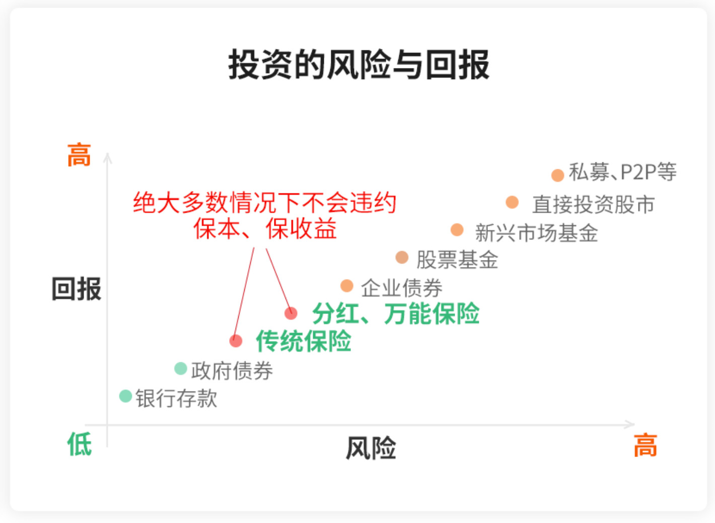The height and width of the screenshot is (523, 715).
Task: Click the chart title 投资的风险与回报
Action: click(359, 64)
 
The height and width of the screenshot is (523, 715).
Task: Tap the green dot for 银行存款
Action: click(125, 396)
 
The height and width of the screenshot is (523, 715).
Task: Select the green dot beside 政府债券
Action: click(181, 368)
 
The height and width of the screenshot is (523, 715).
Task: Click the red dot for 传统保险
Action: click(236, 341)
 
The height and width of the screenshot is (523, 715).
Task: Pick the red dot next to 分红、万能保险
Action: click(291, 313)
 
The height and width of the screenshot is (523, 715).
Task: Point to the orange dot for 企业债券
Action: click(347, 286)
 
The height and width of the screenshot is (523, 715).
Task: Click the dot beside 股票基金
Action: click(402, 257)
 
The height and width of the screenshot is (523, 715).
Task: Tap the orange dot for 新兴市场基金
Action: click(457, 230)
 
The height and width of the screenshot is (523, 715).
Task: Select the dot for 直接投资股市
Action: click(512, 202)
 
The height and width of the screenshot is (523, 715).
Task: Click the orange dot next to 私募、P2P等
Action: click(557, 175)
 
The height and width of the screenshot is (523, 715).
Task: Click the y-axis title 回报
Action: click(77, 289)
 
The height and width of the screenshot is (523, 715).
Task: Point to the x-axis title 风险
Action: click(371, 448)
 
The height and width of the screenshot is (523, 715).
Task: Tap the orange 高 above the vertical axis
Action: click(79, 155)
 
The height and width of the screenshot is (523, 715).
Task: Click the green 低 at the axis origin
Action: click(80, 444)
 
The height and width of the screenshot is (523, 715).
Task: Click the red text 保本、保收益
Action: click(265, 229)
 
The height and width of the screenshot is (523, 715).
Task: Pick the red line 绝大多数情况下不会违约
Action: click(265, 203)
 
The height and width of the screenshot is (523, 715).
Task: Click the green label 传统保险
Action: click(304, 341)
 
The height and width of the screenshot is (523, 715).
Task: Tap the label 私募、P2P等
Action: click(622, 172)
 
